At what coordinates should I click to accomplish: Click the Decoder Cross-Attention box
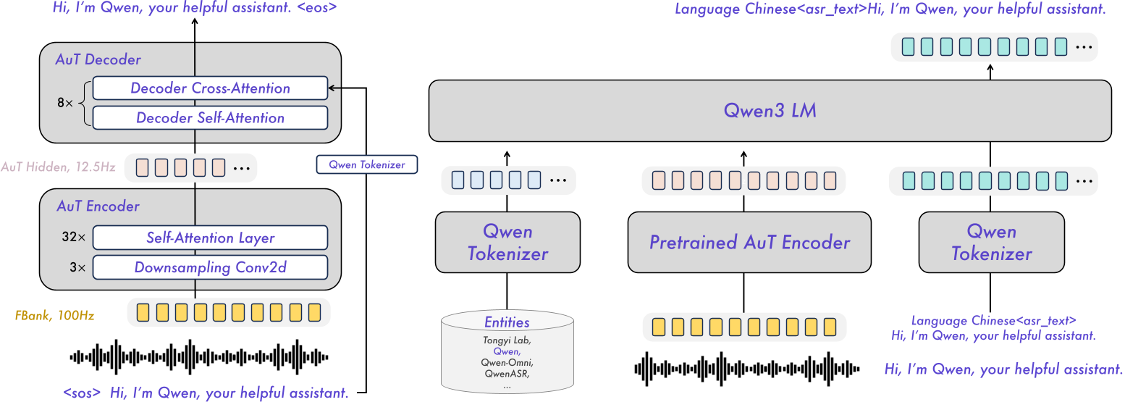click(x=210, y=88)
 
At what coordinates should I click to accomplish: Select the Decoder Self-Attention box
click(x=210, y=118)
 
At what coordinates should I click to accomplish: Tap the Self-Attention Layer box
click(x=210, y=238)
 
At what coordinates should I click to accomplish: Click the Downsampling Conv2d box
click(x=210, y=267)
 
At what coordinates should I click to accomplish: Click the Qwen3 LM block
click(x=770, y=111)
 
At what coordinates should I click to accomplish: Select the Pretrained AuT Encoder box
click(x=749, y=242)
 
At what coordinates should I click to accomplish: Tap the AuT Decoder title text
click(x=98, y=59)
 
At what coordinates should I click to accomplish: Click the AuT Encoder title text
click(x=98, y=206)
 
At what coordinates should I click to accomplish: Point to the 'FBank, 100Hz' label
click(x=54, y=316)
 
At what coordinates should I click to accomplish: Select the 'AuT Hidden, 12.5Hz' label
click(x=58, y=167)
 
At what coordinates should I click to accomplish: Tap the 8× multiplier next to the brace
click(x=65, y=104)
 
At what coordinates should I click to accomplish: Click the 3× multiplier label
click(x=78, y=267)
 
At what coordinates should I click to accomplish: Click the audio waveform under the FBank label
click(x=198, y=356)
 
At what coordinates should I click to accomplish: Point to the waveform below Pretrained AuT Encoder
click(x=746, y=368)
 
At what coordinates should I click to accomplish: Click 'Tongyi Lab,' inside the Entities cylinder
click(x=506, y=339)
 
